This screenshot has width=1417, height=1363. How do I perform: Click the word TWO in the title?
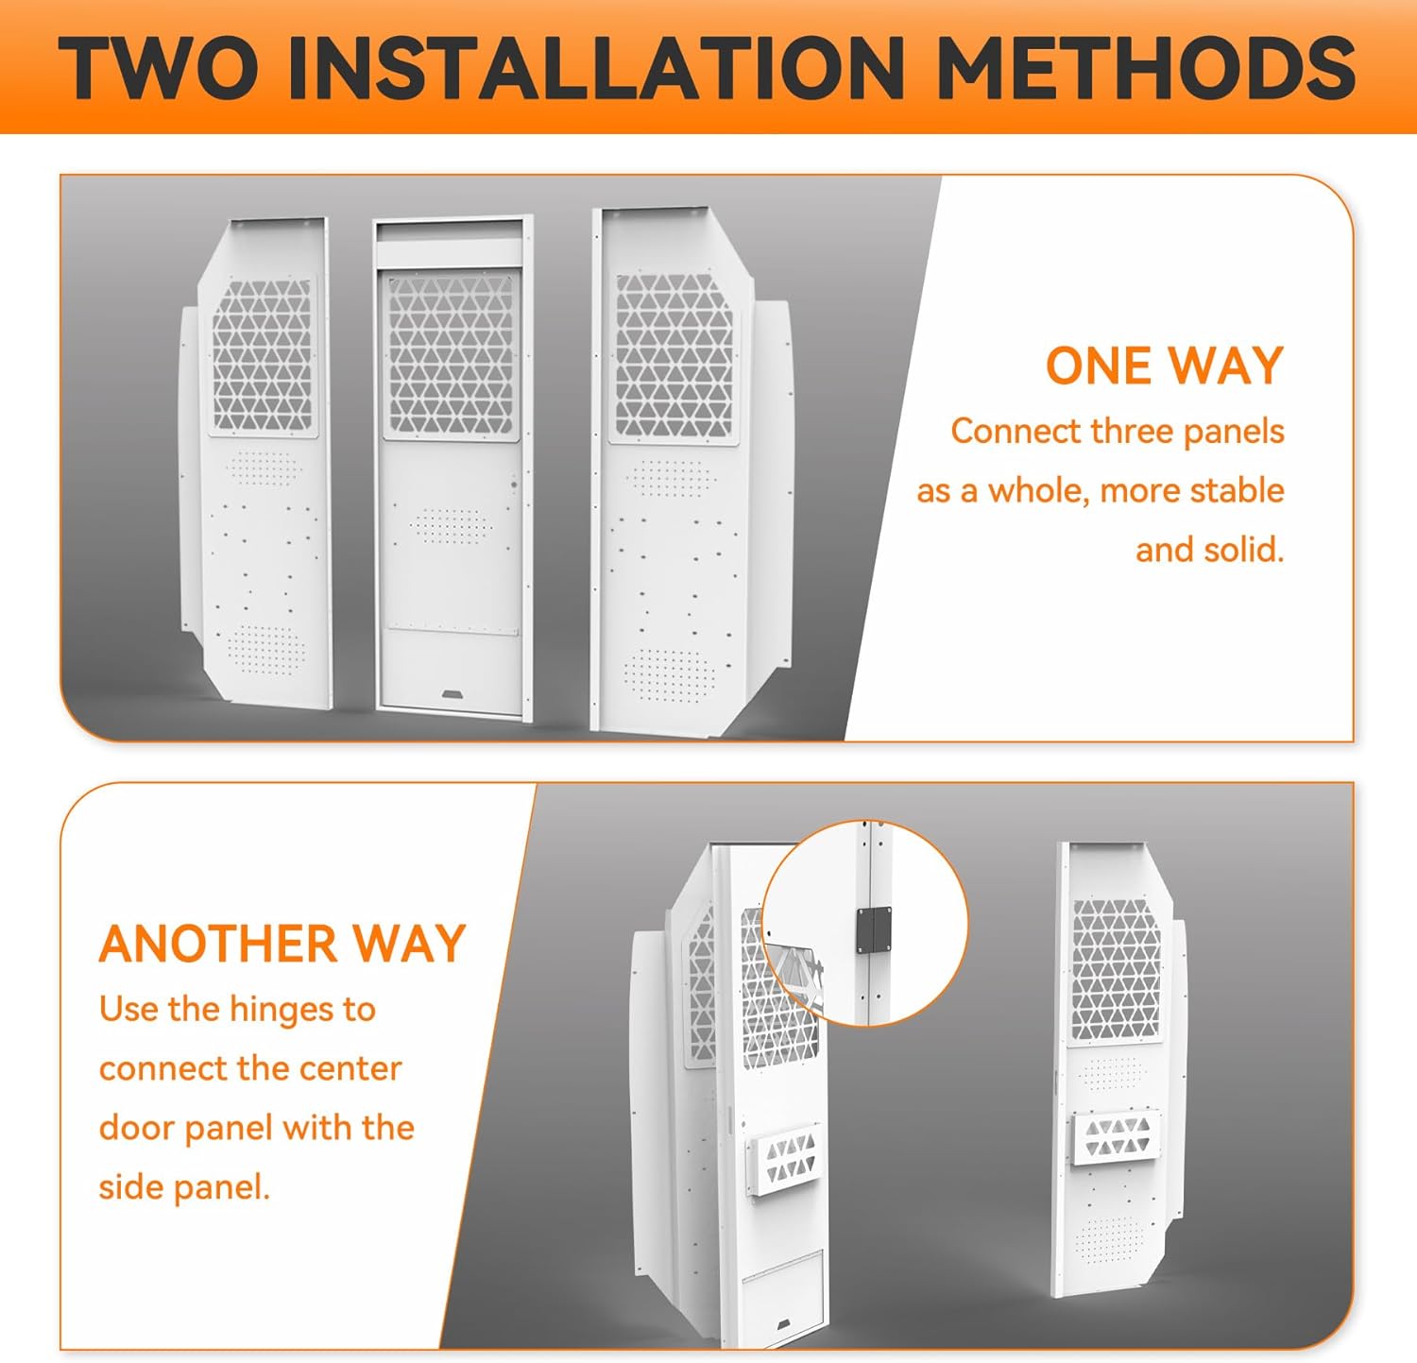159,68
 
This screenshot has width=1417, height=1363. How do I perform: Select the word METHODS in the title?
1146,68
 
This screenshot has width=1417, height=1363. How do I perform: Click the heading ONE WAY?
1165,366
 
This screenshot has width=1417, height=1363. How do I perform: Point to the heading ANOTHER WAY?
282,944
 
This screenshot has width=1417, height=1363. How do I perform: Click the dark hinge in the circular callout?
875,930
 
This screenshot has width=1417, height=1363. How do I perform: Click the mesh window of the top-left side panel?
262,355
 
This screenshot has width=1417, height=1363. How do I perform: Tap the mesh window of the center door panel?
451,355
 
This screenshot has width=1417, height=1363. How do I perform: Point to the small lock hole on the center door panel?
514,485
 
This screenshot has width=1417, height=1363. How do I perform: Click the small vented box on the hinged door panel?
784,1160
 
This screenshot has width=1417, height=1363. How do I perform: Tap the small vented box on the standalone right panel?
1117,1138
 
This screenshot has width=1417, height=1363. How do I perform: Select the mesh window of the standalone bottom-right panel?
1116,970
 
